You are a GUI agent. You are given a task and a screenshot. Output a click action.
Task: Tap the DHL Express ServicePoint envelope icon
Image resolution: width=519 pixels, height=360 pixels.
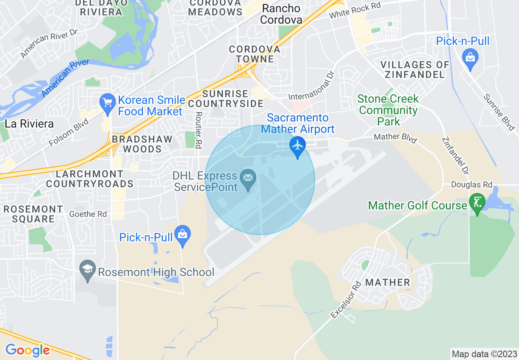click(x=248, y=178)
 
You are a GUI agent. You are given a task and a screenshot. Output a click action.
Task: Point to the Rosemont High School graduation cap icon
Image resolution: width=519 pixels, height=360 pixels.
click(x=88, y=270)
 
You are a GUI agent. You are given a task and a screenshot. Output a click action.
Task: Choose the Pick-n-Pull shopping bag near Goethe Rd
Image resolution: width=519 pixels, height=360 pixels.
click(x=183, y=234)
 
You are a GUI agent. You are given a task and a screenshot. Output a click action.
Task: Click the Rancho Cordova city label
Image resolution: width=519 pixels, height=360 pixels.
click(x=281, y=14)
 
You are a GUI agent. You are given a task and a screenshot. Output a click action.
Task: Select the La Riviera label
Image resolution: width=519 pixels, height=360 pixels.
click(x=29, y=124)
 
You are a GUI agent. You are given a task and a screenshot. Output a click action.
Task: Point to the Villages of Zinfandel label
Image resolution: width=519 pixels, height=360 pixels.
click(x=415, y=70)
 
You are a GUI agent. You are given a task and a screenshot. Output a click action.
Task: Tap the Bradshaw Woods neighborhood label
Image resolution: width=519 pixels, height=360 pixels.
click(x=142, y=144)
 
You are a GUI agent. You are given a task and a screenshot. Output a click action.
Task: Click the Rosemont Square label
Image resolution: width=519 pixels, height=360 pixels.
click(x=33, y=214)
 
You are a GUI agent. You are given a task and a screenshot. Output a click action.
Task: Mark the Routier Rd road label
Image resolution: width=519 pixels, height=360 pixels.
click(x=199, y=130)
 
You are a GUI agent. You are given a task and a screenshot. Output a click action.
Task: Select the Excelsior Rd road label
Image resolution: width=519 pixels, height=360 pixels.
click(x=346, y=299)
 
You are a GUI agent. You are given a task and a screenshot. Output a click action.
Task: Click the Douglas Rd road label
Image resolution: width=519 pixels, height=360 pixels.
click(x=471, y=185)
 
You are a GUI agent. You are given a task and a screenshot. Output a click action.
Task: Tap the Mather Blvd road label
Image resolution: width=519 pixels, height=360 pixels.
click(x=395, y=138)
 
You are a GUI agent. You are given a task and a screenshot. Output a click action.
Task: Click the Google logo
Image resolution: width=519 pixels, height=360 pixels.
click(x=27, y=350)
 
